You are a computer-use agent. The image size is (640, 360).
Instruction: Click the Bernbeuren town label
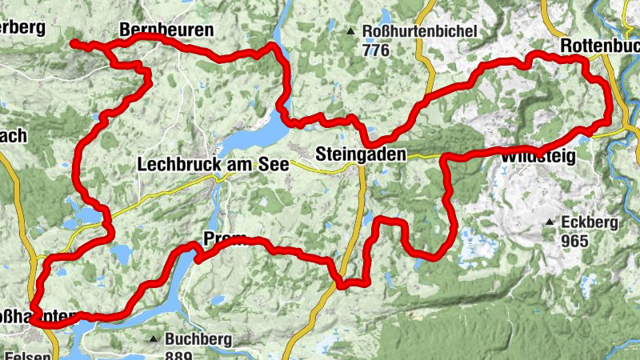coord(166,30)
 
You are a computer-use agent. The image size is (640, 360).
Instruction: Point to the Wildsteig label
coord(538,158)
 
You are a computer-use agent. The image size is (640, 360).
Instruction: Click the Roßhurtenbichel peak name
coord(420,32)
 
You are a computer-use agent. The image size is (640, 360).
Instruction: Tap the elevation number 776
coord(375,51)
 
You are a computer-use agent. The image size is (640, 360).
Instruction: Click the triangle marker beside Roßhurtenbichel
coord(350,32)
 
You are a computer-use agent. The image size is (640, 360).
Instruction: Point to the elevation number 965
coord(575,241)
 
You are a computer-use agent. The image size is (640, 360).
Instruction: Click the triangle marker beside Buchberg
coord(153,339)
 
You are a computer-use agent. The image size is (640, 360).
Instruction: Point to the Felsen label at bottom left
coord(27,355)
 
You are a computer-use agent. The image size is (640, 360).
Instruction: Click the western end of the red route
coord(72,42)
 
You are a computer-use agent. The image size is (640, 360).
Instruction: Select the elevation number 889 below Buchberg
coord(179,355)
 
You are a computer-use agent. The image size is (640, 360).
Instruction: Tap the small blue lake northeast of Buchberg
coord(217,301)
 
